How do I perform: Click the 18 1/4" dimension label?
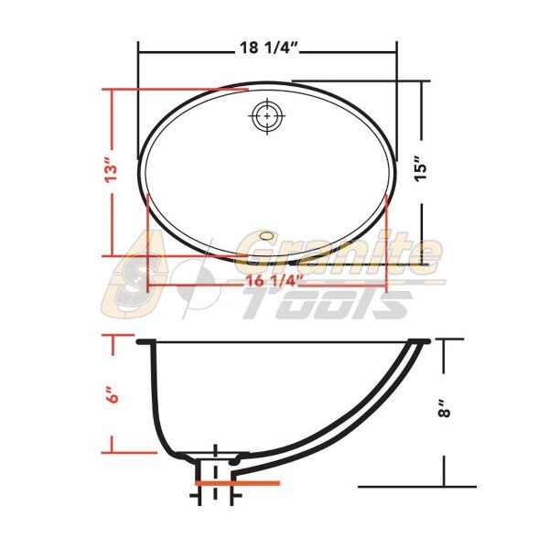[268, 48]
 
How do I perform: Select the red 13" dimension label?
[112, 170]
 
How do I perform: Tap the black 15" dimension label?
[422, 168]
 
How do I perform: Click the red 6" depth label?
[113, 394]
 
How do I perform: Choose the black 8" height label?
[445, 408]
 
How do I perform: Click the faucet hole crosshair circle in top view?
[267, 116]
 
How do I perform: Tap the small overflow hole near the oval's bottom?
[267, 235]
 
